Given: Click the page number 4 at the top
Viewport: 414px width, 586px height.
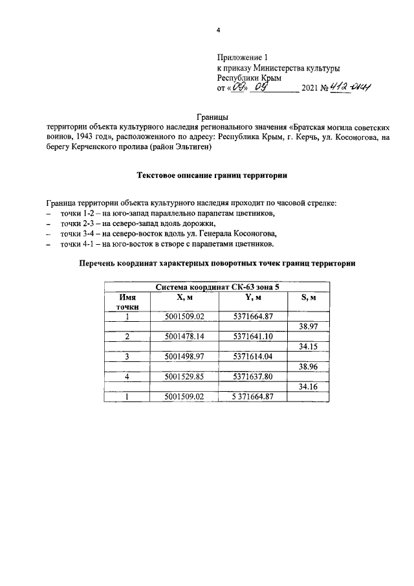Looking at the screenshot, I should pos(218,30).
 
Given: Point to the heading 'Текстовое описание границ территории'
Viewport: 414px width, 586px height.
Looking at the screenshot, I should pos(211,175).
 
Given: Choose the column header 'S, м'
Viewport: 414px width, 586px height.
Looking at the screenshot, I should pos(308,297).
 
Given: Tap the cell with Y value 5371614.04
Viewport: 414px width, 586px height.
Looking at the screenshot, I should pos(253,357).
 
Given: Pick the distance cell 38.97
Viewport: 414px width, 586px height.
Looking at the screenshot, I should pos(308,327).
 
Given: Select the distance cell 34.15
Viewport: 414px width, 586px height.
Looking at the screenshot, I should pos(308,346).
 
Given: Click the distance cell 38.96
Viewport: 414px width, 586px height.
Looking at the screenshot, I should pos(308,366).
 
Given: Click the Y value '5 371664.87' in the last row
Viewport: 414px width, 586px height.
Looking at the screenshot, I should pos(253,396).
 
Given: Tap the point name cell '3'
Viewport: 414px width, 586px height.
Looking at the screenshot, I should pos(127,357).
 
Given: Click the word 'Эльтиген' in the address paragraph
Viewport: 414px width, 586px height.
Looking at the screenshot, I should pos(191,148).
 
